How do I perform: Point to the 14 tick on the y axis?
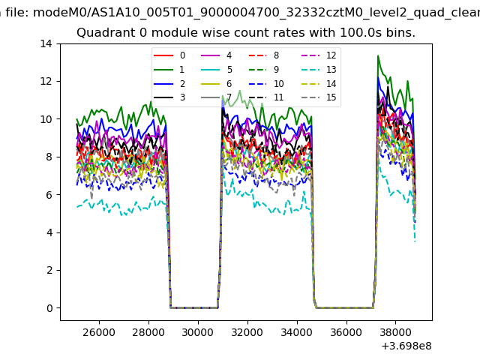click(46, 43)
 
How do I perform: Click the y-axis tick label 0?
click(49, 308)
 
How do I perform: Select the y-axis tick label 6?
click(49, 195)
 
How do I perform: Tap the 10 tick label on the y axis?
click(46, 119)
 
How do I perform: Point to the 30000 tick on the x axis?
click(198, 331)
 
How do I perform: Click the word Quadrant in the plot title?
click(102, 33)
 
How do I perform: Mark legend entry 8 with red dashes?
click(276, 55)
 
